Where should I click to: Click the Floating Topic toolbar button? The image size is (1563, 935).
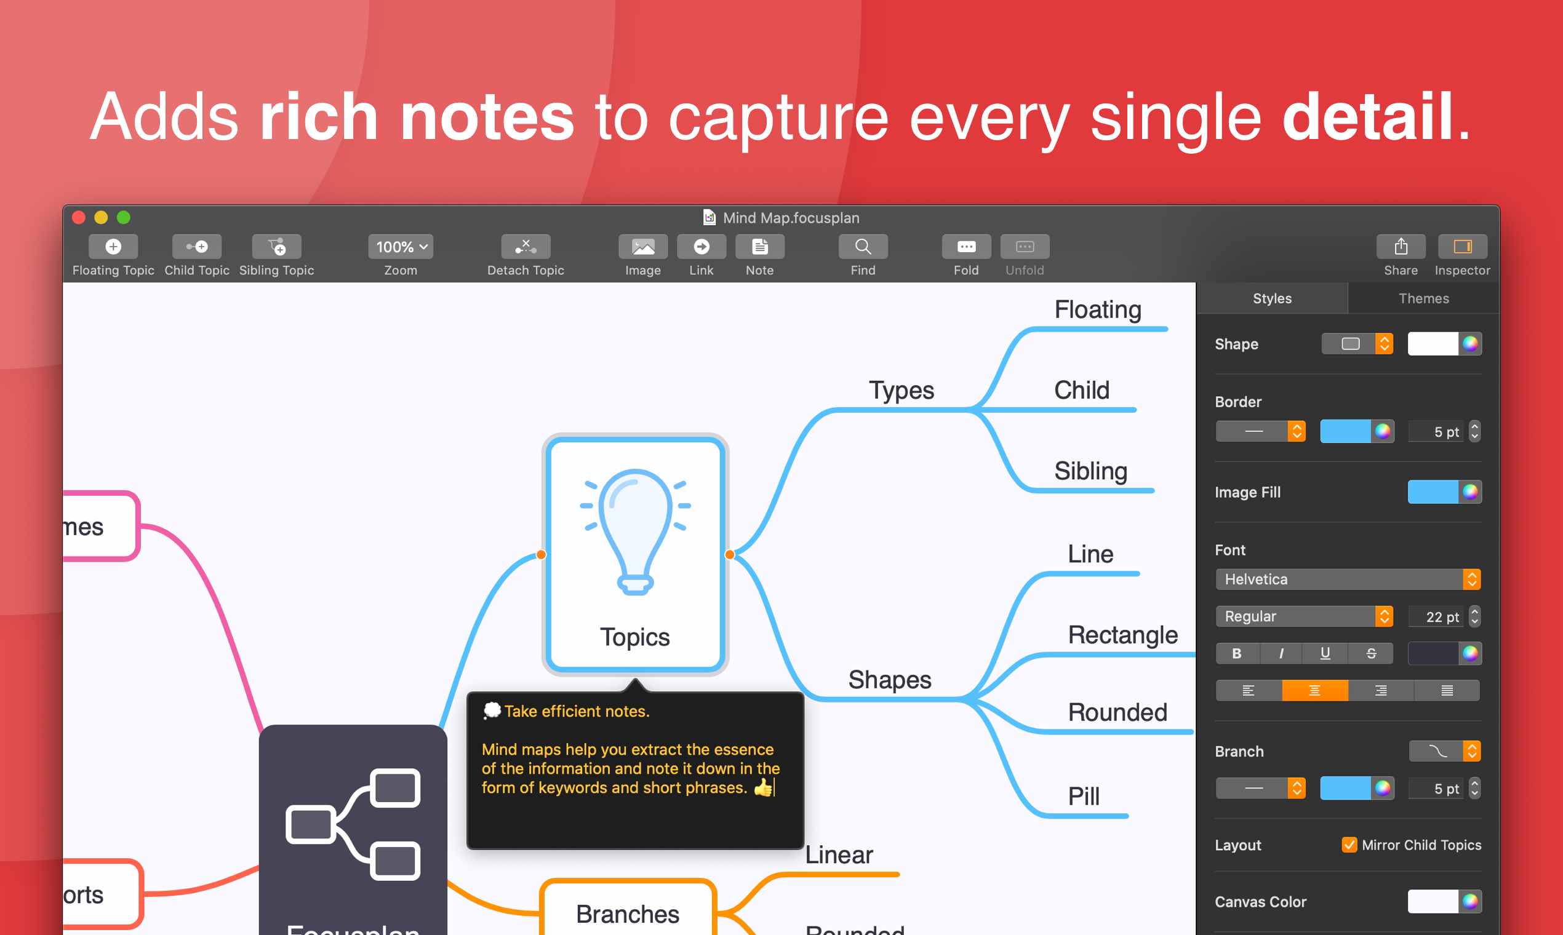tap(113, 247)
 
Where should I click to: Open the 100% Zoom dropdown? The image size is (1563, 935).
tap(401, 247)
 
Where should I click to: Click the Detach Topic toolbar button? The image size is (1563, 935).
tap(526, 247)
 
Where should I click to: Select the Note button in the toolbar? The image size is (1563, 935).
tap(759, 247)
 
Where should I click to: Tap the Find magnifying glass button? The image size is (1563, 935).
tap(863, 247)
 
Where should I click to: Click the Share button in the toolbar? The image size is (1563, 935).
tap(1401, 247)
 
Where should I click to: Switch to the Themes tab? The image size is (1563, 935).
tap(1423, 298)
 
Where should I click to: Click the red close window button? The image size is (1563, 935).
tap(79, 218)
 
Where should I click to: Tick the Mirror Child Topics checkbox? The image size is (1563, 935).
tap(1349, 845)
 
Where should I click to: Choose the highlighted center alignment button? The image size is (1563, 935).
tap(1314, 691)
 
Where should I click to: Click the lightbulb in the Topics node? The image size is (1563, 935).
tap(634, 529)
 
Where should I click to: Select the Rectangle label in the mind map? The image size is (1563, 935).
tap(1122, 635)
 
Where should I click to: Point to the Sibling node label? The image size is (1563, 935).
tap(1090, 471)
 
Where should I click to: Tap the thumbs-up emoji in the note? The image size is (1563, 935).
tap(762, 787)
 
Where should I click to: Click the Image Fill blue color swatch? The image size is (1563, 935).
tap(1433, 492)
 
